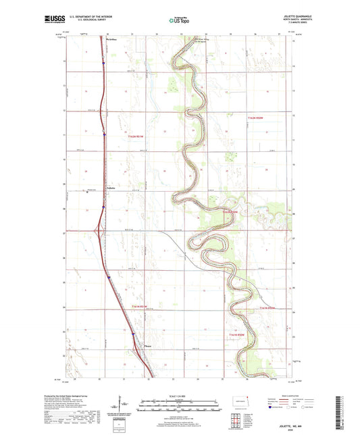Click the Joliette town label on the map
[x=113, y=187]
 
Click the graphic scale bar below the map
[x=180, y=407]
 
